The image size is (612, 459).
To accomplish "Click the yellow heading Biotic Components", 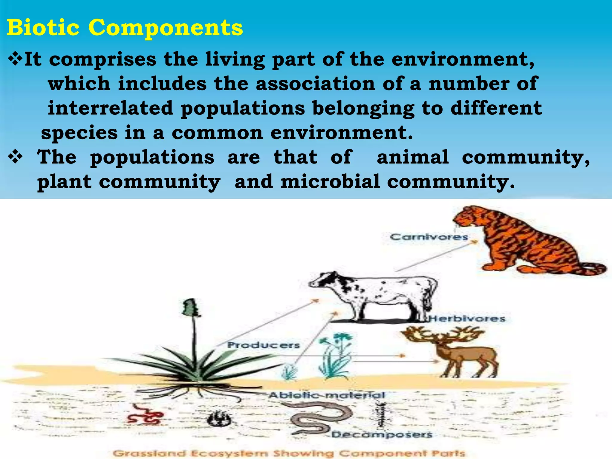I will pyautogui.click(x=125, y=27).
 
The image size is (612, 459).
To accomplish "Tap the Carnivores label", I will pyautogui.click(x=429, y=237).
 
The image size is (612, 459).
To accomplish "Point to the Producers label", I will pyautogui.click(x=263, y=345).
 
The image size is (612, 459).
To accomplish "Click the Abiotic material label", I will pyautogui.click(x=327, y=395).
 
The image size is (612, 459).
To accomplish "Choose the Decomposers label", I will pyautogui.click(x=382, y=434).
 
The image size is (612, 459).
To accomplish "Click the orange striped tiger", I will pyautogui.click(x=526, y=242).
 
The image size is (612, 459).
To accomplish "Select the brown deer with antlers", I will pyautogui.click(x=460, y=356).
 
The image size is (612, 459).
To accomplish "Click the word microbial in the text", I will pyautogui.click(x=330, y=182).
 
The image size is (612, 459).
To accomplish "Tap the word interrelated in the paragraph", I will pyautogui.click(x=111, y=108).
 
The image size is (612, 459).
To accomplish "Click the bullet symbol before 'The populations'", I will pyautogui.click(x=15, y=157).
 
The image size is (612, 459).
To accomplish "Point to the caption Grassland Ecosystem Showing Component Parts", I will pyautogui.click(x=289, y=453).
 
